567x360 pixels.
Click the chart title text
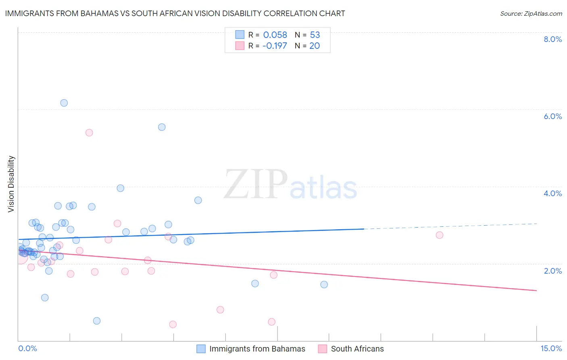pyautogui.click(x=175, y=13)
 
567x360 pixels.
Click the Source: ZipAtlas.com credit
pyautogui.click(x=531, y=13)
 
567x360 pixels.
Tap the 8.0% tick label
pyautogui.click(x=552, y=39)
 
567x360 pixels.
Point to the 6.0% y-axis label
pyautogui.click(x=552, y=116)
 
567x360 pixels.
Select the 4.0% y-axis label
pyautogui.click(x=552, y=193)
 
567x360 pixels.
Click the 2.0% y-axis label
pyautogui.click(x=552, y=271)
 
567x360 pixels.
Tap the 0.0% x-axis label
pyautogui.click(x=27, y=348)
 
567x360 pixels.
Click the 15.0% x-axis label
pyautogui.click(x=551, y=348)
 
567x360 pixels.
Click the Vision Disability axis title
pyautogui.click(x=11, y=184)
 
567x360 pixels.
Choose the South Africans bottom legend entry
pyautogui.click(x=357, y=349)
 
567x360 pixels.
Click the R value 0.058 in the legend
pyautogui.click(x=275, y=35)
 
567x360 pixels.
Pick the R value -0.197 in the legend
pyautogui.click(x=275, y=46)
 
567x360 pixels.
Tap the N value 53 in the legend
pyautogui.click(x=315, y=35)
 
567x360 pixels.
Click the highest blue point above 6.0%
pyautogui.click(x=64, y=103)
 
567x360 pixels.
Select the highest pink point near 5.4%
pyautogui.click(x=89, y=133)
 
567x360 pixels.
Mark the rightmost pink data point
pyautogui.click(x=440, y=235)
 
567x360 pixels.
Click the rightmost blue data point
pyautogui.click(x=324, y=285)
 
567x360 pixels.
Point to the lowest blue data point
pyautogui.click(x=97, y=321)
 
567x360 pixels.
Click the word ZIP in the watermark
pyautogui.click(x=256, y=184)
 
